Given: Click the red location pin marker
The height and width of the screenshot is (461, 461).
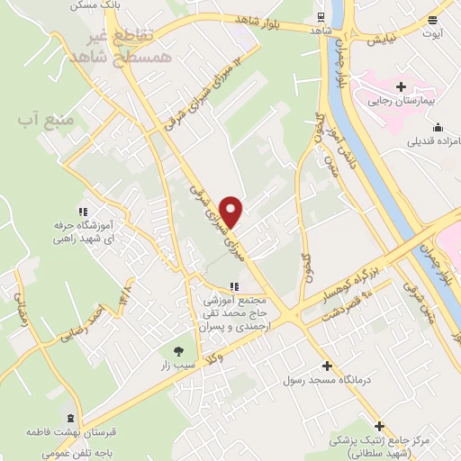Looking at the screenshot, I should pos(232,211).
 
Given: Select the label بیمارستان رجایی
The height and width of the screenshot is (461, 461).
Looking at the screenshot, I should pos(401,102).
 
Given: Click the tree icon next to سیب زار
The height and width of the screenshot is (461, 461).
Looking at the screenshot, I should pos(177,351).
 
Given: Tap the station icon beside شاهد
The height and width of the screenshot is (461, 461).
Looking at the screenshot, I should pos(321,16).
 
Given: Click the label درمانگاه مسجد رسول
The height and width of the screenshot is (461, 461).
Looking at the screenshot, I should pos(326,380).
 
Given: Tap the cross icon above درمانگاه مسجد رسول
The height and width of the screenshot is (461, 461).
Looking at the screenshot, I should pos(326,366).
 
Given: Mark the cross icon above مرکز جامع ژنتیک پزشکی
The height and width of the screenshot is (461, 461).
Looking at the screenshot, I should pos(380,425).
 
